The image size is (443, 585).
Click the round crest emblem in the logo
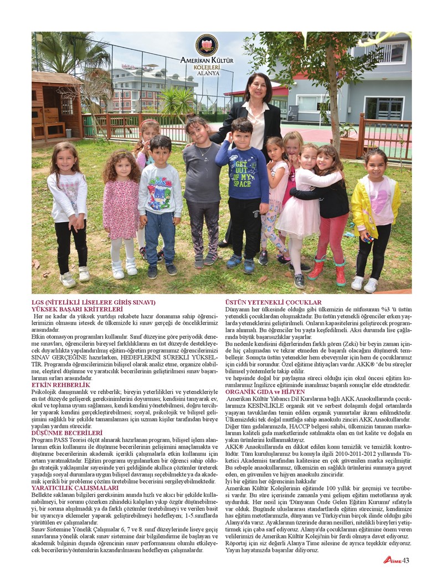pos(207,45)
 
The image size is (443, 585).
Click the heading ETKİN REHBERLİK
pos(61,384)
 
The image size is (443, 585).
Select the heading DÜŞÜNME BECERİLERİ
pos(68,432)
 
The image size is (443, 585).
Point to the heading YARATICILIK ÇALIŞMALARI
pos(75,488)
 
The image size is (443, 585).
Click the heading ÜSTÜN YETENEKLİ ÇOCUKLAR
pos(274,302)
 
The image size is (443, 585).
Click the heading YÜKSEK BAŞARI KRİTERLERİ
pos(77,309)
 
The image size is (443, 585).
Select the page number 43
pos(406,561)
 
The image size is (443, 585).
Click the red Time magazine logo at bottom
pos(392,561)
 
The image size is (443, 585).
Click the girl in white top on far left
pos(68,211)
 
